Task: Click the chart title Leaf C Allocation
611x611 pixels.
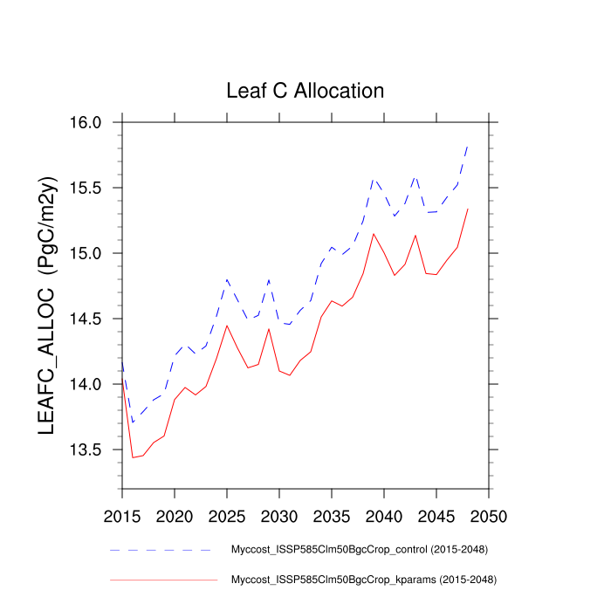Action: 305,91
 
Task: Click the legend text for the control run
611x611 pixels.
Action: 359,550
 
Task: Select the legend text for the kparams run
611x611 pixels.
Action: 363,579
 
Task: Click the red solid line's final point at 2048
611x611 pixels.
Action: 468,209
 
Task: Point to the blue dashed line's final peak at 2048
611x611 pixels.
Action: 468,146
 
